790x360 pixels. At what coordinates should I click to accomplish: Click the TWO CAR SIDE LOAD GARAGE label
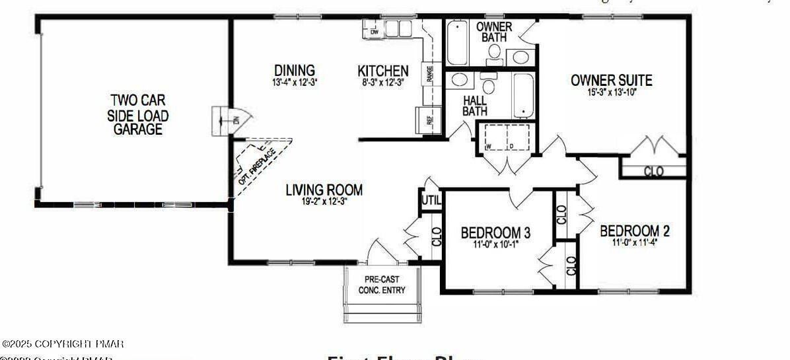coord(138,115)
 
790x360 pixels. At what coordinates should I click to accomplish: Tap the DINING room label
coord(295,70)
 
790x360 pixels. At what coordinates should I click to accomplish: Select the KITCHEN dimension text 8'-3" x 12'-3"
coord(382,83)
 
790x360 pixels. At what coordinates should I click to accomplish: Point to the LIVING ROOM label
coord(324,190)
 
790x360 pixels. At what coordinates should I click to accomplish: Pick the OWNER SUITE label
coord(611,81)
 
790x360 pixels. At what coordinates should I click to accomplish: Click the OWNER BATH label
coord(494,32)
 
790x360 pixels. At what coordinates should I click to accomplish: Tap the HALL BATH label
coord(474,106)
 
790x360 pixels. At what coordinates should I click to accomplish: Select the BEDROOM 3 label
coord(495,233)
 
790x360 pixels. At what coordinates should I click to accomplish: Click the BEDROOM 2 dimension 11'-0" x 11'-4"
coord(634,242)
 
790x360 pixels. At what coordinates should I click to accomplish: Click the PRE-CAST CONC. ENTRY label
coord(382,285)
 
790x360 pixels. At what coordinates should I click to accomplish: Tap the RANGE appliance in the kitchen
coord(430,73)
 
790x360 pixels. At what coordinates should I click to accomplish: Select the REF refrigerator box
coord(429,120)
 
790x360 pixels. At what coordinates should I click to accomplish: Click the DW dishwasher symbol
coord(374,30)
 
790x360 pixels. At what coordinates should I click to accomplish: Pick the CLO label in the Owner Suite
coord(653,172)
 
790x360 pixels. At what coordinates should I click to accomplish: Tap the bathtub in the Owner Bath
coord(456,43)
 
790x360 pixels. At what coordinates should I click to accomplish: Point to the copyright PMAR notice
coord(63,344)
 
